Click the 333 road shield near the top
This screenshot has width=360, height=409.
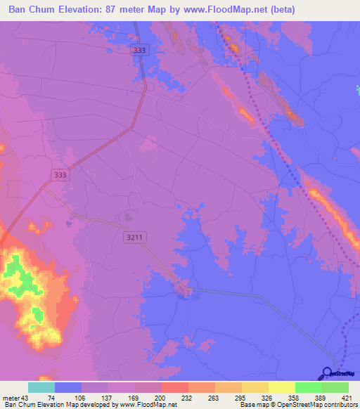pyautogui.click(x=139, y=50)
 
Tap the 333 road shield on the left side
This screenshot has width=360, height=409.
pyautogui.click(x=60, y=175)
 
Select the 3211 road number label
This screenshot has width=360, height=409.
pyautogui.click(x=135, y=238)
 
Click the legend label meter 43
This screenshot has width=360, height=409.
pyautogui.click(x=14, y=398)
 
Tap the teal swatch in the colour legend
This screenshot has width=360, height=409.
pyautogui.click(x=41, y=387)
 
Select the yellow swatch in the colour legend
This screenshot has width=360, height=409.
pyautogui.click(x=281, y=387)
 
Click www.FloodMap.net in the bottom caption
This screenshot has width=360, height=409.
pyautogui.click(x=147, y=405)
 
